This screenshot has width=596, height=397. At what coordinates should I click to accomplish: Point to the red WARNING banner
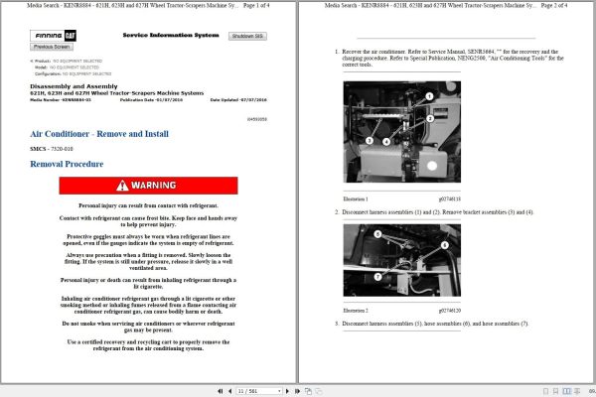(148, 186)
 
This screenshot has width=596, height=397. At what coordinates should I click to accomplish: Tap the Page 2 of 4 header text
(564, 6)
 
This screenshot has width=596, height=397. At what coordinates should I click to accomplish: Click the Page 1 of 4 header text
(267, 6)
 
